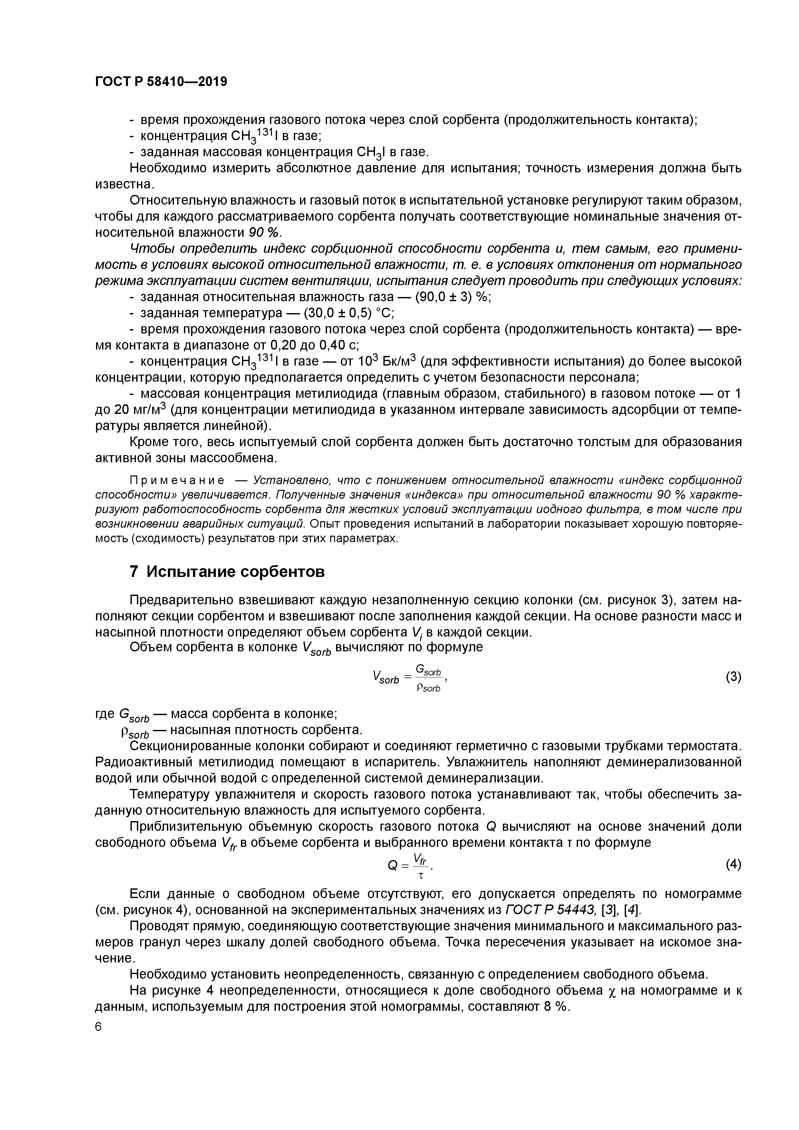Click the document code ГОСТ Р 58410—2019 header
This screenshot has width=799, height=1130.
[x=161, y=82]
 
